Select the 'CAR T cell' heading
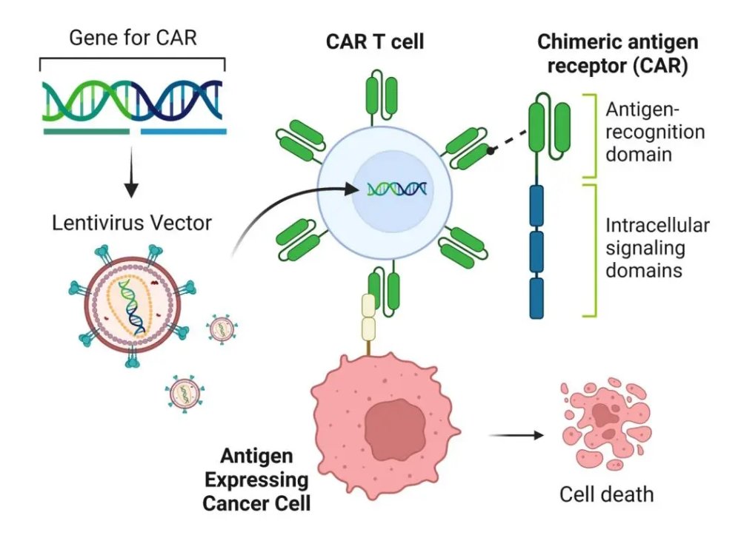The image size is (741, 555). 375,41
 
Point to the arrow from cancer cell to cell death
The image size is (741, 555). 516,434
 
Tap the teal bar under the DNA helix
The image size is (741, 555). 86,132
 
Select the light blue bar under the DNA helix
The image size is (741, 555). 183,132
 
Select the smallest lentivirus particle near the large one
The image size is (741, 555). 221,327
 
